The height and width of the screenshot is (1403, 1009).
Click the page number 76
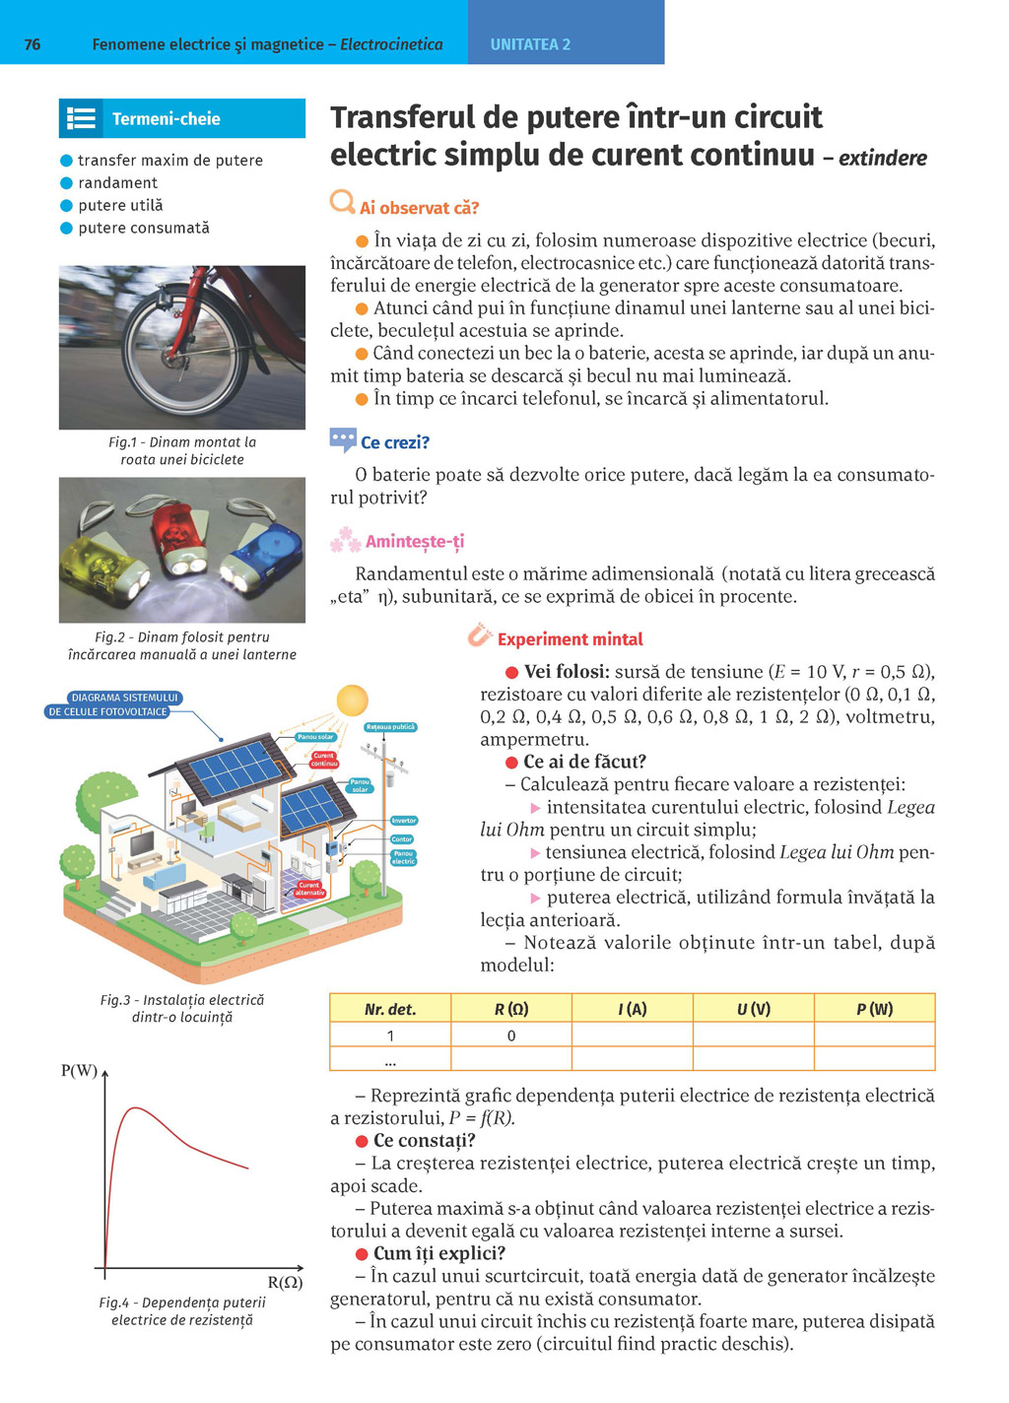point(33,44)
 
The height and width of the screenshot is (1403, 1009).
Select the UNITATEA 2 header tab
point(530,44)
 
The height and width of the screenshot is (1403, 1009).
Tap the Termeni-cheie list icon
point(81,119)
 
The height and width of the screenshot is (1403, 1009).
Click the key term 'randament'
point(117,183)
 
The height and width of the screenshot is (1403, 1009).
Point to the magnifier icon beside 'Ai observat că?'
point(342,203)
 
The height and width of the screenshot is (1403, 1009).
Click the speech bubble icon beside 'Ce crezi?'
point(343,439)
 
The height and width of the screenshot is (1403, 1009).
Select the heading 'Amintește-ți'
point(414,541)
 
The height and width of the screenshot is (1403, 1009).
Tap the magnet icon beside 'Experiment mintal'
point(480,635)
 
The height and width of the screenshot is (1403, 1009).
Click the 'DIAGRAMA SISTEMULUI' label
point(124,698)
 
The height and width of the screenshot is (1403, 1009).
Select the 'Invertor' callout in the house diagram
point(404,820)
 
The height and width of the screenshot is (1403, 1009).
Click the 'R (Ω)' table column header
point(511,1009)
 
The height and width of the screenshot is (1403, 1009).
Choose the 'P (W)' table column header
point(874,1009)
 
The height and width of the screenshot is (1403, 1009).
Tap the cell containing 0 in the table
point(511,1036)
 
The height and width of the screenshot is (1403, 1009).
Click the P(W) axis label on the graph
point(79,1071)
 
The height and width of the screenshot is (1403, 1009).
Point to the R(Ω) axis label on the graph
point(285,1282)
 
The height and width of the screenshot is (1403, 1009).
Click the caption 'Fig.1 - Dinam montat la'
point(182,442)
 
